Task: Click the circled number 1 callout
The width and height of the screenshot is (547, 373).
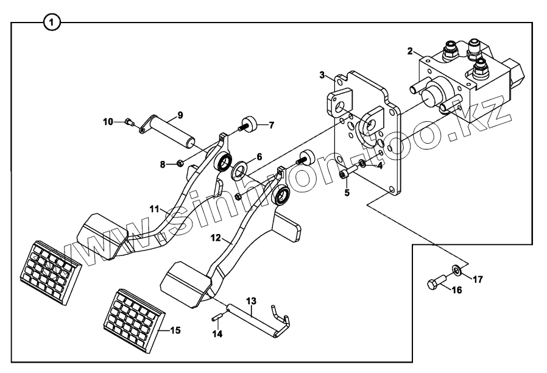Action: click(53, 23)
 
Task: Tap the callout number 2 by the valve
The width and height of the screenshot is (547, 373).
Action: click(411, 51)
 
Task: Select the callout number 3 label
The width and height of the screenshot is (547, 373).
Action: click(322, 75)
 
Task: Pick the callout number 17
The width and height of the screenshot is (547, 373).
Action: click(478, 280)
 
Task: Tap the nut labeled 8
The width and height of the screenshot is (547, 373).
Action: click(181, 163)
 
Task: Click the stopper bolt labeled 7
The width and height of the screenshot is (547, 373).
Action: click(249, 125)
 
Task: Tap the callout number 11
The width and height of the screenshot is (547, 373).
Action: click(155, 208)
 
